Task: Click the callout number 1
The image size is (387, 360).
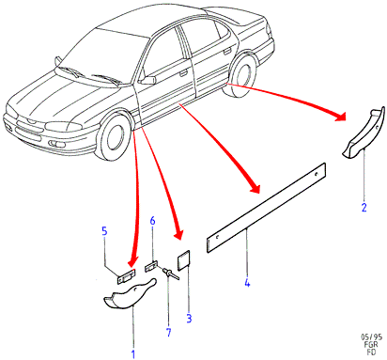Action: click(133, 354)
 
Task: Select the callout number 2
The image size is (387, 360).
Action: click(364, 208)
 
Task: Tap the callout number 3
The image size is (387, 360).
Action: click(189, 319)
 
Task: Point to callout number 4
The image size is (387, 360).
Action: click(247, 283)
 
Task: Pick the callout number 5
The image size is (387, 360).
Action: click(104, 231)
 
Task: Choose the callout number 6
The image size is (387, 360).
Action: click(152, 221)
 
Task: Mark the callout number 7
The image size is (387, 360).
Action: click(169, 333)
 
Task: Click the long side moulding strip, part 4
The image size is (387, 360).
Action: click(266, 208)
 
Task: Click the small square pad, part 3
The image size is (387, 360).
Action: click(184, 260)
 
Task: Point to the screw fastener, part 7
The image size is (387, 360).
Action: click(171, 273)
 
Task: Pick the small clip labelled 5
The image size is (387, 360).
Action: click(126, 276)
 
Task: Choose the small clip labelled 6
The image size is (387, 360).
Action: click(150, 267)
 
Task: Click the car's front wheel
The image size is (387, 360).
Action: click(115, 137)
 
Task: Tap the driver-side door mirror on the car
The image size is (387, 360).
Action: click(147, 80)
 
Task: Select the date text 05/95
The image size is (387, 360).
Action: click(371, 337)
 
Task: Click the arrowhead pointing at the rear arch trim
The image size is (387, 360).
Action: click(340, 117)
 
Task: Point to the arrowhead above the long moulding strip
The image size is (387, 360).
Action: click(255, 187)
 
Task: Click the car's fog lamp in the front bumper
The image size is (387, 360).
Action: click(56, 145)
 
